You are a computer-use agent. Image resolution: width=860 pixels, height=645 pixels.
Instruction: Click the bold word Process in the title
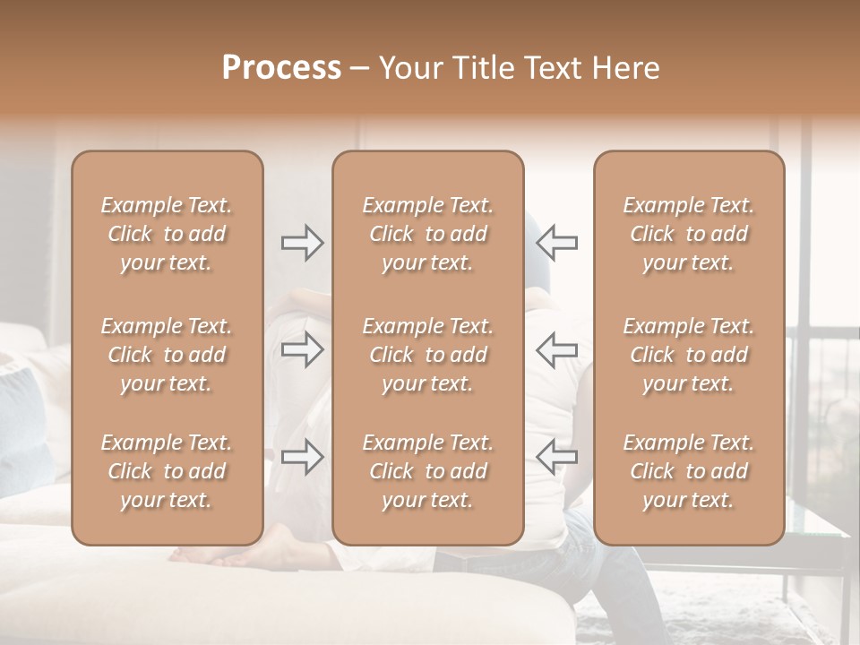(281, 68)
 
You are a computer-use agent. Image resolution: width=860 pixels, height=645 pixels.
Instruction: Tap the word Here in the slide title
(627, 68)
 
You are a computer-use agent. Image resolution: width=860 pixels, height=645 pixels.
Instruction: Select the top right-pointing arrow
(303, 242)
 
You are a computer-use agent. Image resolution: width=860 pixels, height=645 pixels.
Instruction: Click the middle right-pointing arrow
(303, 350)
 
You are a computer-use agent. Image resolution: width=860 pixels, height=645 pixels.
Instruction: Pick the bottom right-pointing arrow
(303, 457)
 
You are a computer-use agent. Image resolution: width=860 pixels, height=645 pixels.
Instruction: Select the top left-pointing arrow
(556, 242)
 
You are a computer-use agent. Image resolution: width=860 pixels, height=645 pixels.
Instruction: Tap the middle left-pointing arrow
(556, 350)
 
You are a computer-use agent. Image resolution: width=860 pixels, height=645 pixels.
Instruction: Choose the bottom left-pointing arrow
(556, 457)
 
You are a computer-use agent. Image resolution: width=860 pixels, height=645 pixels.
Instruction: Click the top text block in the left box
(167, 234)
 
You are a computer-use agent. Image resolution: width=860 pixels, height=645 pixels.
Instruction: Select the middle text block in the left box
(167, 355)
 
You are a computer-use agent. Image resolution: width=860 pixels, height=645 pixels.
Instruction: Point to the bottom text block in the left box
(167, 471)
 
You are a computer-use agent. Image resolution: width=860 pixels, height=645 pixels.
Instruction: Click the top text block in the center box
(427, 234)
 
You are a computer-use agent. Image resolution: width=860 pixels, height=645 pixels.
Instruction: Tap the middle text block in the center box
(427, 355)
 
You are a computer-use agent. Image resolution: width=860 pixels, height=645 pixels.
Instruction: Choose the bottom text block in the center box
(427, 471)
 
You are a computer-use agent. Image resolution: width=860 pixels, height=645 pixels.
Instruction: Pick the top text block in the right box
(688, 234)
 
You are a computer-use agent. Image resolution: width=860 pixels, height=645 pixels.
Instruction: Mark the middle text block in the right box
(688, 355)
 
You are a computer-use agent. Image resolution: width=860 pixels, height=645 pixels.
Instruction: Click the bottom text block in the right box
(688, 471)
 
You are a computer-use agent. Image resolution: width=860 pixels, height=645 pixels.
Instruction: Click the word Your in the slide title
(413, 68)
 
